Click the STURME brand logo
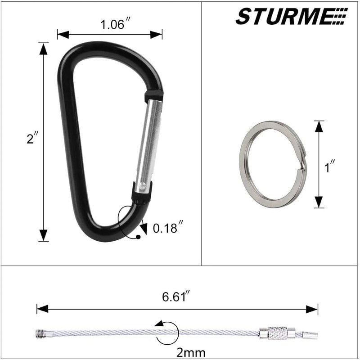[292, 16]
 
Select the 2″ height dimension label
[32, 139]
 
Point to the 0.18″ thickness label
[168, 228]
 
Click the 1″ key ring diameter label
[329, 166]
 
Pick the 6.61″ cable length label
[176, 297]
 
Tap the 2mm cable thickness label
[191, 352]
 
